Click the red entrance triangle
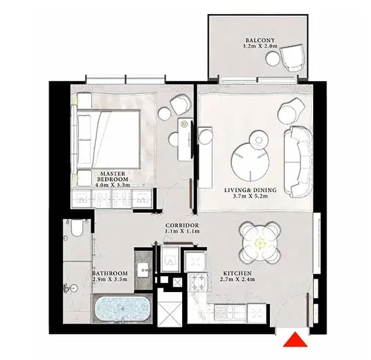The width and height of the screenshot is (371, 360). (295, 339)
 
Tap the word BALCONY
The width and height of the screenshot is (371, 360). (260, 41)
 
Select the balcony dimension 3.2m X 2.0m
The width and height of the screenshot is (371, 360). (260, 46)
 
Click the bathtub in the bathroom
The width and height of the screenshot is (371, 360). (122, 309)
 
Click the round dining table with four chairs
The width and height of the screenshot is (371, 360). (260, 243)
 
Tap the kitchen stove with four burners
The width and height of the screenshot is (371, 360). (197, 281)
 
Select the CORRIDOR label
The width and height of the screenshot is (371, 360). (182, 225)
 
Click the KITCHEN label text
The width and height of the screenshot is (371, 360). (237, 273)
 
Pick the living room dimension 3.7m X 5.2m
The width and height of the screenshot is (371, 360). (251, 196)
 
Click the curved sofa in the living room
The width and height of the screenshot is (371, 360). (298, 162)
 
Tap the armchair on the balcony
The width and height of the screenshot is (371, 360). (293, 57)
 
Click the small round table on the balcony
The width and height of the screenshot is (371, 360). (273, 59)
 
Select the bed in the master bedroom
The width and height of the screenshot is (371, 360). (108, 139)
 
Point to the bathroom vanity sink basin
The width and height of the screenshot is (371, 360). (144, 270)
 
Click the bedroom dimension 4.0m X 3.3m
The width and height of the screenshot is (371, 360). (112, 185)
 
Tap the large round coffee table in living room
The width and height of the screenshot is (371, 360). (251, 161)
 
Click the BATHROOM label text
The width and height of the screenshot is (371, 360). (110, 273)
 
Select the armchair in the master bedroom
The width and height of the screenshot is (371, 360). (181, 104)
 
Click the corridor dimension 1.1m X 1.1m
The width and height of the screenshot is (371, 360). (182, 231)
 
